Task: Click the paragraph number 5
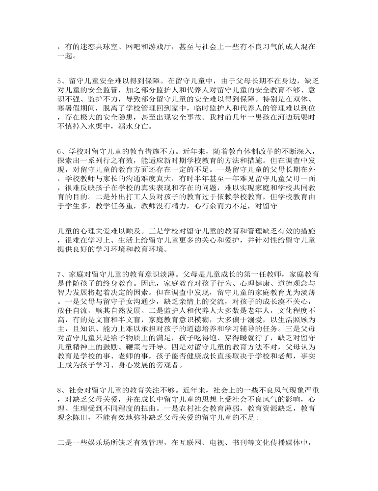pos(59,79)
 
